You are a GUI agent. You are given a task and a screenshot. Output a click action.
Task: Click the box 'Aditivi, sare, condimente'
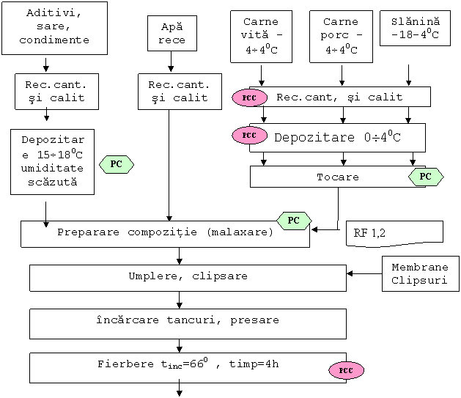coord(54,27)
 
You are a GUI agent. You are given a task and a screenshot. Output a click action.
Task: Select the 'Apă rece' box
coord(172,34)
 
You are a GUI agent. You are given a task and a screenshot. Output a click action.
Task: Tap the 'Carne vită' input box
coord(261,37)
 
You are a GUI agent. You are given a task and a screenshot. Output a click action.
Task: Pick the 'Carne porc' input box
coord(341,37)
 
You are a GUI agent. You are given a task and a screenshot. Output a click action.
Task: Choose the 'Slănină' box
coord(415,28)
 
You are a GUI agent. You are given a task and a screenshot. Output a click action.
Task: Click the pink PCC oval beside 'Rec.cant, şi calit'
coord(249,97)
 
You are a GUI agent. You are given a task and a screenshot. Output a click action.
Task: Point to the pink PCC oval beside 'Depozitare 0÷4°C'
coord(249,136)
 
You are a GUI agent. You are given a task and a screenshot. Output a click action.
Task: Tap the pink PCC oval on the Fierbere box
coord(346,370)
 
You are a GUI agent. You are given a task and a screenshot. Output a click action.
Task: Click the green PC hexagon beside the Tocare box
coord(425,177)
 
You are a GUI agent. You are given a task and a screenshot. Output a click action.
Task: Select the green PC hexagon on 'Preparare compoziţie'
coord(293,220)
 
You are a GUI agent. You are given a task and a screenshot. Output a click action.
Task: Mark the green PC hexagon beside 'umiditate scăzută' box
coord(116,165)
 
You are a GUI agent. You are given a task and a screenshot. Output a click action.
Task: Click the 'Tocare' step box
coord(337,177)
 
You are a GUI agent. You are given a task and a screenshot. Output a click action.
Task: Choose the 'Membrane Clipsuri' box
coord(421,274)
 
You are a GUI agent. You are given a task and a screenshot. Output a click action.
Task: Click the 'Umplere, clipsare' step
coord(188,277)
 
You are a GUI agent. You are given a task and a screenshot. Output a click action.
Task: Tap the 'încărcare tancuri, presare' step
coord(188,321)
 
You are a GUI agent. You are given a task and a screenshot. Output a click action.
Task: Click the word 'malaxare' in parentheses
coord(239,232)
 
